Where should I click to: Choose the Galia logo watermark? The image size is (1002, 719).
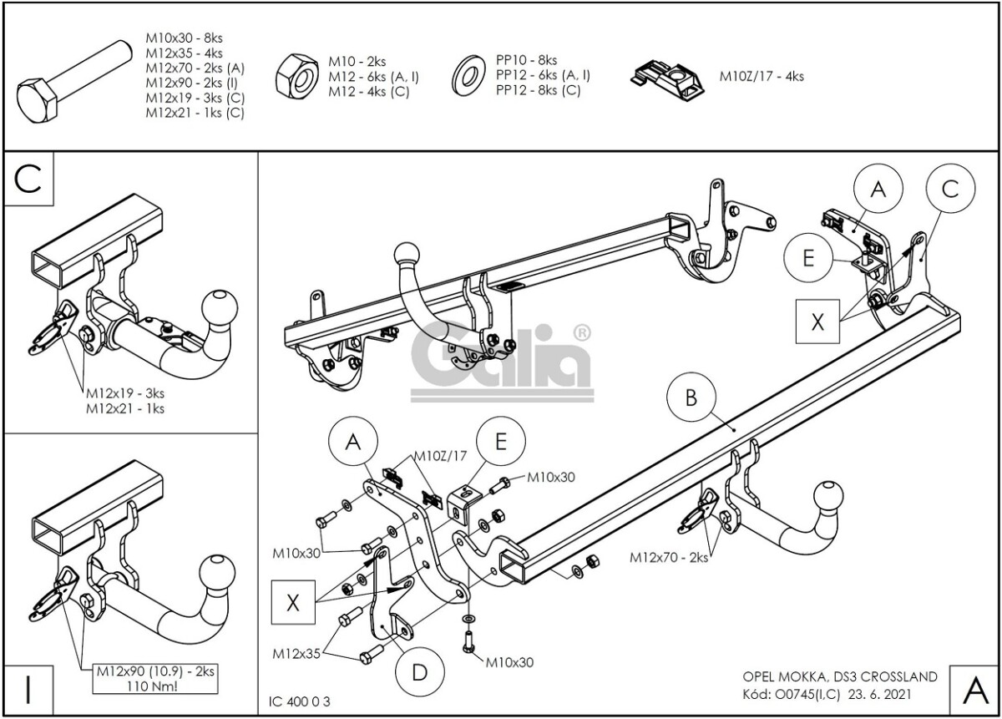pos(501,359)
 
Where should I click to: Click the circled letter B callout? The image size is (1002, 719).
pos(691,398)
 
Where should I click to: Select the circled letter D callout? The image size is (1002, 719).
pos(418,673)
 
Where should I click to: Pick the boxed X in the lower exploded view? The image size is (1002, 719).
pos(292,603)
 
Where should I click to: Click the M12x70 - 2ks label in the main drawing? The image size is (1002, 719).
pos(668,557)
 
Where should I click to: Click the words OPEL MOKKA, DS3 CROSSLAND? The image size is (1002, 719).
pos(839,677)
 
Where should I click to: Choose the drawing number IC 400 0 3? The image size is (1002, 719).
pos(301,701)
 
